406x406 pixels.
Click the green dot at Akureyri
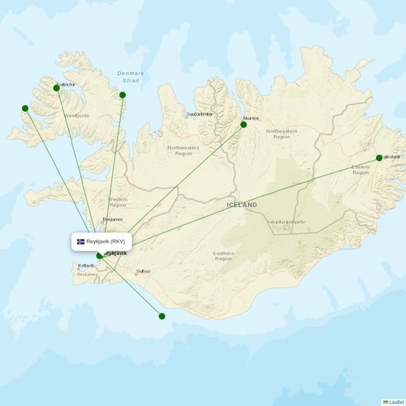pos(244,124)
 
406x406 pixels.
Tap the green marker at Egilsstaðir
pos(379,158)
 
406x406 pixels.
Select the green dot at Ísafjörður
pos(56,88)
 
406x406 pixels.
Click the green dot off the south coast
pos(162,316)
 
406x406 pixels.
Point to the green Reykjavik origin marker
pos(99,256)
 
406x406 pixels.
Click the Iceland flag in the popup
pos(81,242)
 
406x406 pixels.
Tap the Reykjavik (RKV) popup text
pos(106,242)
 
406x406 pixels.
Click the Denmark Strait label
pos(130,77)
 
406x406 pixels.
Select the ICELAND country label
pos(242,205)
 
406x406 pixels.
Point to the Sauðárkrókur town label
pos(199,114)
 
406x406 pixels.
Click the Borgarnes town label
pos(113,220)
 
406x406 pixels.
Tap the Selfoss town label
pos(143,272)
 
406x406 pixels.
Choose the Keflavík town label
pos(86,265)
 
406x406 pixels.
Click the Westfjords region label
pos(77,116)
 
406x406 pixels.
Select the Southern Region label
pos(223,256)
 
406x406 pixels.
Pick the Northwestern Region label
pos(184,150)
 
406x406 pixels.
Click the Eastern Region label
pos(361,170)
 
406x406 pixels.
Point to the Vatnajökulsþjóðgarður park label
pos(286,222)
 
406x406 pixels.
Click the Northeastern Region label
pos(282,134)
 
